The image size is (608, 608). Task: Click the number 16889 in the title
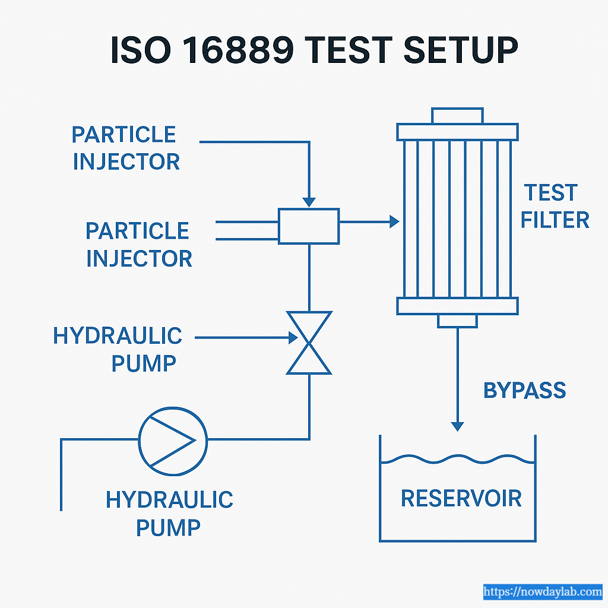[249, 50]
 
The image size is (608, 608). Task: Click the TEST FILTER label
[555, 207]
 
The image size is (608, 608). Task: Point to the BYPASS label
[525, 391]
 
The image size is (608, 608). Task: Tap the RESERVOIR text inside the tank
[461, 498]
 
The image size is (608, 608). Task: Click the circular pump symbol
[173, 440]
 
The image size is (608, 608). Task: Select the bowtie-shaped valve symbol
[309, 343]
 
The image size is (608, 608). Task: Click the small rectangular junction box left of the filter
[309, 226]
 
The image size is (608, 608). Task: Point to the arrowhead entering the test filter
[394, 222]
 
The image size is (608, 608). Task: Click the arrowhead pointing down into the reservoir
[457, 426]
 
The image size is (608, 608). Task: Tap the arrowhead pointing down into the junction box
[309, 202]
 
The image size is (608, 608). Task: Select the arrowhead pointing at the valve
[292, 338]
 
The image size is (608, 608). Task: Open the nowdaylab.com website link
[543, 591]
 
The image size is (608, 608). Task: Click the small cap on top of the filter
[457, 115]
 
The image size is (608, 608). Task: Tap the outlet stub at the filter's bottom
[457, 321]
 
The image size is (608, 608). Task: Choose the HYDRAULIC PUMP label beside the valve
[118, 349]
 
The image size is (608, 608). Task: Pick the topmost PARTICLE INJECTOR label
[124, 148]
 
